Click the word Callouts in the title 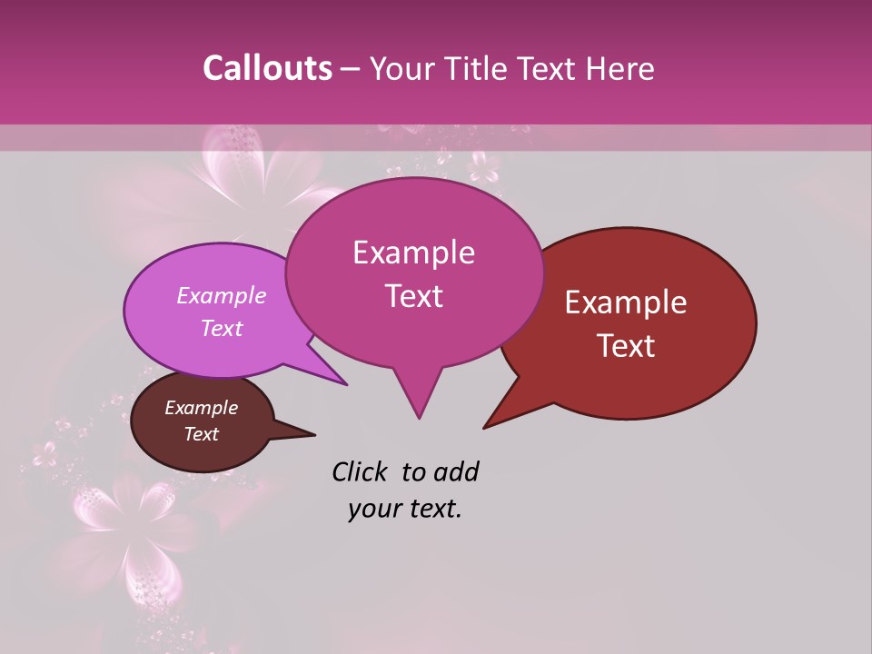pyautogui.click(x=267, y=68)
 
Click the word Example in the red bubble pyautogui.click(x=626, y=302)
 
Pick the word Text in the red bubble pyautogui.click(x=626, y=346)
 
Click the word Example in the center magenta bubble pyautogui.click(x=413, y=253)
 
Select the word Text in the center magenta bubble pyautogui.click(x=413, y=296)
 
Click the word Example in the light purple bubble pyautogui.click(x=222, y=295)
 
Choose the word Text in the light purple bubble pyautogui.click(x=222, y=328)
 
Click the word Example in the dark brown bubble pyautogui.click(x=202, y=408)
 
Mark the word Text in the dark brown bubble pyautogui.click(x=202, y=434)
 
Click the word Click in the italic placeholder pyautogui.click(x=361, y=471)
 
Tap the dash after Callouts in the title pyautogui.click(x=351, y=70)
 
